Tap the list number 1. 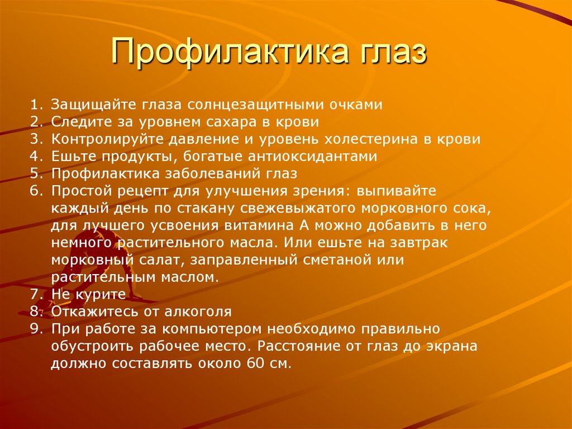(34, 105)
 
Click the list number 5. (35, 173)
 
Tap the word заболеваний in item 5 (206, 173)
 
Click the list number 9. (35, 329)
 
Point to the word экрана (451, 346)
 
